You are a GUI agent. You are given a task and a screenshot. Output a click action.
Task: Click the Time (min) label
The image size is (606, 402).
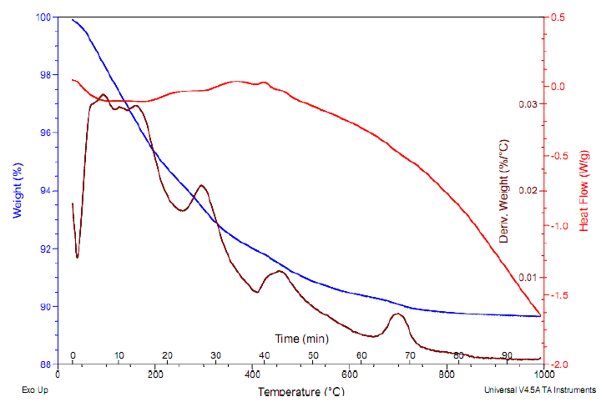pyautogui.click(x=301, y=339)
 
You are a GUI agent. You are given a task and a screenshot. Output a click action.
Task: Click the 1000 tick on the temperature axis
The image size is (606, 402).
pyautogui.click(x=543, y=375)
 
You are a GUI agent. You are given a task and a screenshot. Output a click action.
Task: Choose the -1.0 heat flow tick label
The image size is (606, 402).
pyautogui.click(x=561, y=226)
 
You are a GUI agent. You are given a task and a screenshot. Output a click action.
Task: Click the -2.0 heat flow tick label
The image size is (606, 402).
pyautogui.click(x=561, y=364)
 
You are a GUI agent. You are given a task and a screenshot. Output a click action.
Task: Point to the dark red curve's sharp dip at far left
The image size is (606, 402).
pyautogui.click(x=78, y=257)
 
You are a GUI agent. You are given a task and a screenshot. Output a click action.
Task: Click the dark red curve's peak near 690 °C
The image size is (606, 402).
pyautogui.click(x=398, y=314)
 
